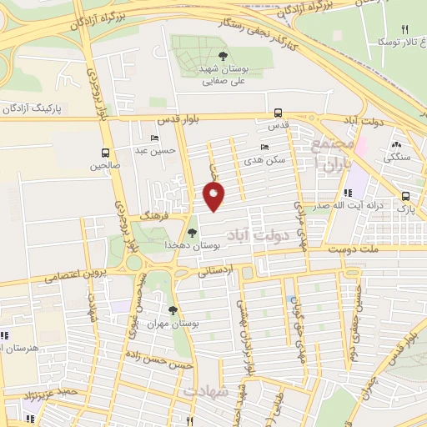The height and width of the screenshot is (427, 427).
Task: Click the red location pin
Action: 213,197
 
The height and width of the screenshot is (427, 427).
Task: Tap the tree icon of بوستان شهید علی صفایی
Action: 222,57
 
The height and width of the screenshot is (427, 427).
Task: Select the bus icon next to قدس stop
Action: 278,113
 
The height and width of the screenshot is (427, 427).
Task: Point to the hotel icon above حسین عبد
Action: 154,138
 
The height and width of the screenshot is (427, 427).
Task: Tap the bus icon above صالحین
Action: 105,153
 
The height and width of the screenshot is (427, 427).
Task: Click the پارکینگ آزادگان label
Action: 33,109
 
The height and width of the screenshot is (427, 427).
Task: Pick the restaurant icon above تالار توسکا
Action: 405,29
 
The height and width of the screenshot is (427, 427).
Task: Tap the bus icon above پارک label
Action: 404,197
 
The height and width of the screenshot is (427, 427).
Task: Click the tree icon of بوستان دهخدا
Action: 193,233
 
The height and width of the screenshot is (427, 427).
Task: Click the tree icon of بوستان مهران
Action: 173,310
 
